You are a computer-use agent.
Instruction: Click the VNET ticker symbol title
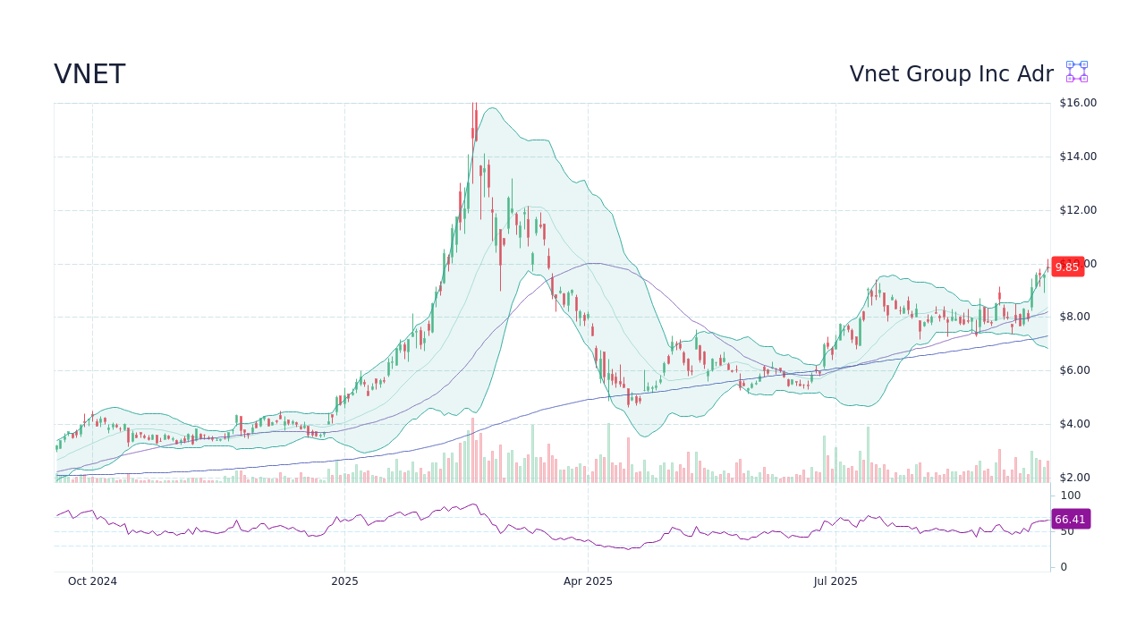(89, 75)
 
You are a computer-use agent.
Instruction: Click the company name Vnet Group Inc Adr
(951, 74)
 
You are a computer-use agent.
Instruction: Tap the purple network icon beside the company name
(1077, 72)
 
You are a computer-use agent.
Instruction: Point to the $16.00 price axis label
(1077, 103)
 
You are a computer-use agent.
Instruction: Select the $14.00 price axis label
(1077, 157)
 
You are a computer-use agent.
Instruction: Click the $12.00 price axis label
(1077, 210)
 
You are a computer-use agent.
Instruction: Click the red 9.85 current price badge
(1067, 267)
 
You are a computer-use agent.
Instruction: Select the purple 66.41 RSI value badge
(1070, 519)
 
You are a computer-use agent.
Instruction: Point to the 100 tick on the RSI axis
(1071, 496)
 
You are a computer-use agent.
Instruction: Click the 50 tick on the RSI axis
(1068, 531)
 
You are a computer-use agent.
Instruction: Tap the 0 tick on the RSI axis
(1064, 567)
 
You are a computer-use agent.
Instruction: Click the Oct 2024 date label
(92, 581)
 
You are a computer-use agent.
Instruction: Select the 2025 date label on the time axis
(344, 581)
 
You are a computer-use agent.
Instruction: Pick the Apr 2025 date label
(588, 581)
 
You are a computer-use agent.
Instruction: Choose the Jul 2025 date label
(835, 581)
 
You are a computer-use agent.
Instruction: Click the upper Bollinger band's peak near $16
(494, 108)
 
